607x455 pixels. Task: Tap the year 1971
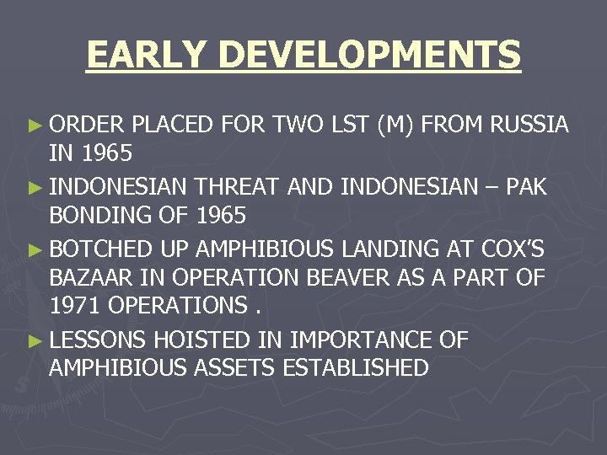point(75,307)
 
